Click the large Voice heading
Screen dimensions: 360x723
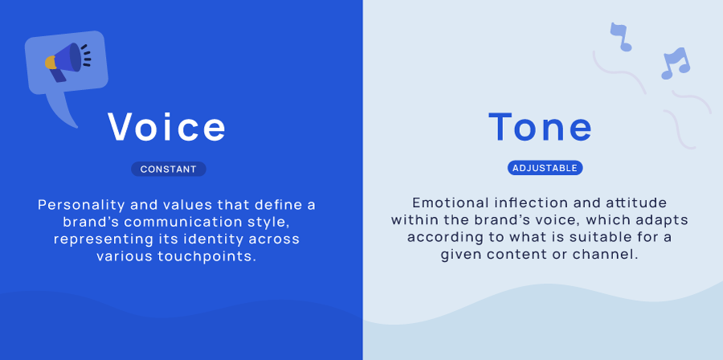[x=168, y=127]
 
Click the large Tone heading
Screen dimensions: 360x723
[x=541, y=127]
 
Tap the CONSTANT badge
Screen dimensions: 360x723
[x=169, y=169]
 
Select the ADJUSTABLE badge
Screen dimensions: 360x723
[x=545, y=168]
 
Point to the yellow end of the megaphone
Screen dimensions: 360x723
[x=50, y=63]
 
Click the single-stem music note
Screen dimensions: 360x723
[x=619, y=36]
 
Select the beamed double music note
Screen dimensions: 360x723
[x=675, y=63]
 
